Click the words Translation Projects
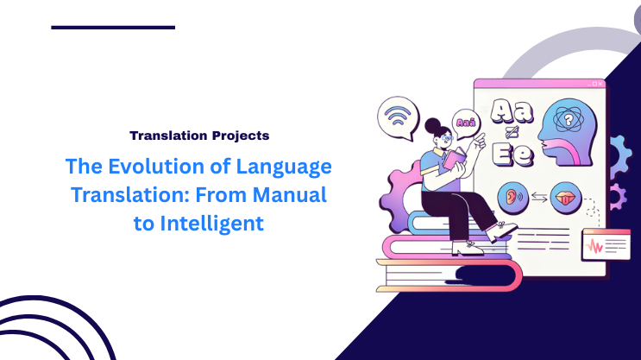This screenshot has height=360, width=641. coord(198,136)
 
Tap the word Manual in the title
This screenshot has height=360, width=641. coord(286,195)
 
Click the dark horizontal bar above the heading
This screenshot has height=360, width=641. coord(113,28)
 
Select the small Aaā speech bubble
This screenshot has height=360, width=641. coord(466,123)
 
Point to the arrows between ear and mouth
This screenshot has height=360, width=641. coord(540,197)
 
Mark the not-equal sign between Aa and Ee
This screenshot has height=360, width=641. coord(509,132)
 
